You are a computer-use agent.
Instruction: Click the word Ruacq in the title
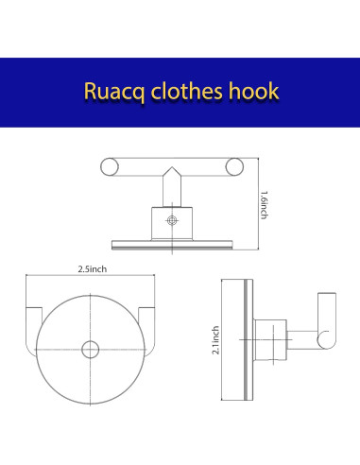point(112,94)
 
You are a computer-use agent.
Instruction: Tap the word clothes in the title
point(184,94)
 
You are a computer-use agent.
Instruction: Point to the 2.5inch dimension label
point(92,269)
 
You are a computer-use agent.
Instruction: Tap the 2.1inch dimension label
point(215,339)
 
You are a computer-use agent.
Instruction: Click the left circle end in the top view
point(110,168)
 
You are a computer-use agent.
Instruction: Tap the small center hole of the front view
point(90,350)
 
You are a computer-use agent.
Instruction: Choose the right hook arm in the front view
point(146,321)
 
